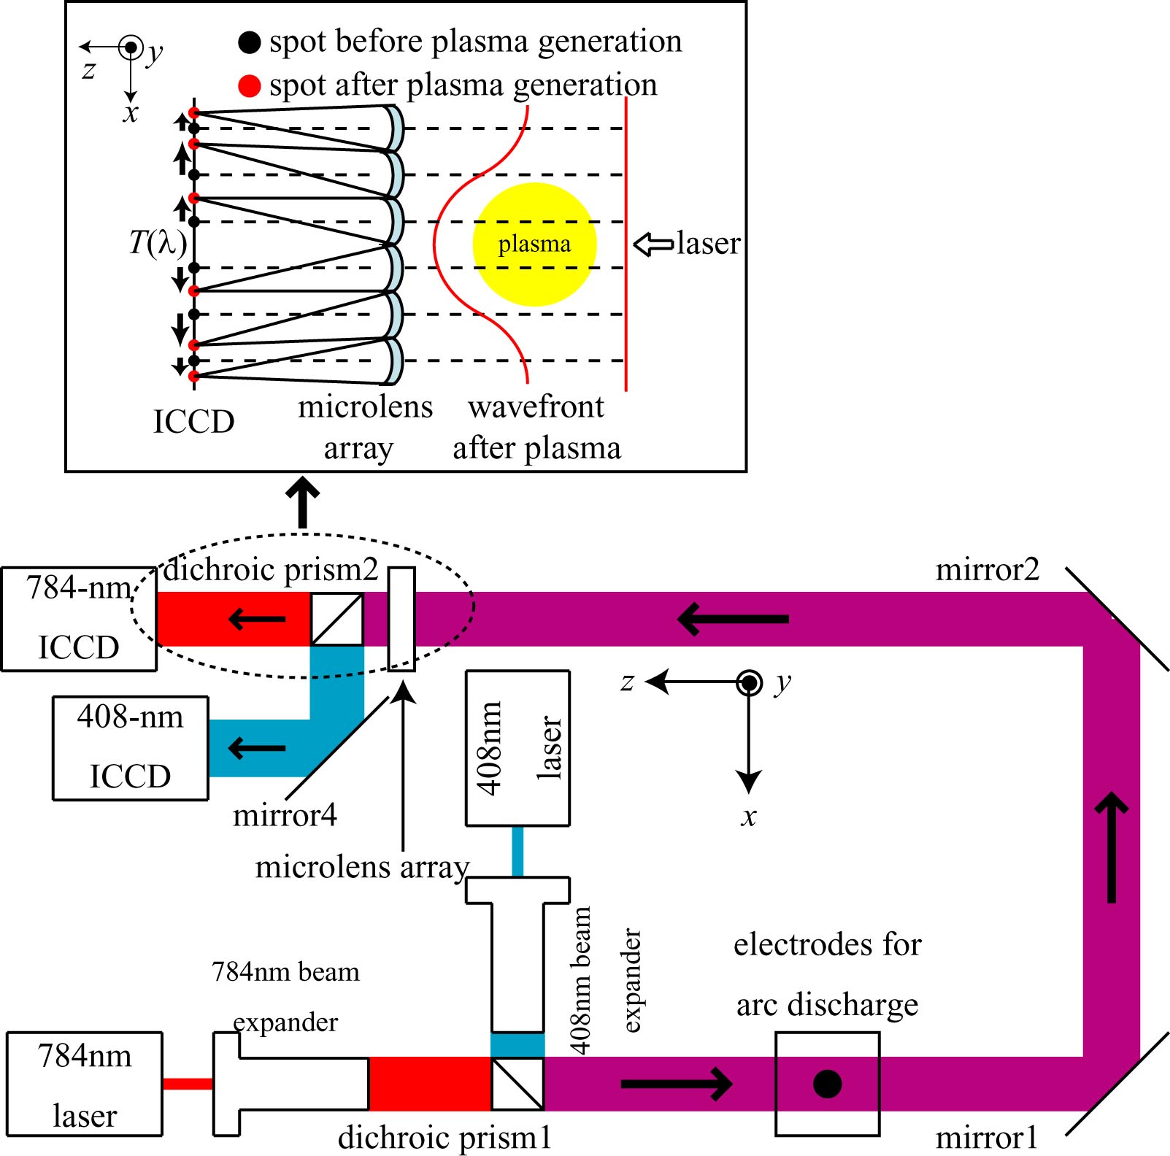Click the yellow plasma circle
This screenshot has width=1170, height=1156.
534,244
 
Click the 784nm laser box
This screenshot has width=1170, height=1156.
84,1084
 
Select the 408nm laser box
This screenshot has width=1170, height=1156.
517,748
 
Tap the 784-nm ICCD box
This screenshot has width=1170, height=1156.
78,619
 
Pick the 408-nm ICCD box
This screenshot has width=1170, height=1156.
130,748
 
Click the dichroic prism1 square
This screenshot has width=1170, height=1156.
517,1084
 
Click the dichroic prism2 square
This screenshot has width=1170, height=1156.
337,619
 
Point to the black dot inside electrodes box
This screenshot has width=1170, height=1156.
827,1084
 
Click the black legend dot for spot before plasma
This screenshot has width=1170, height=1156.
250,42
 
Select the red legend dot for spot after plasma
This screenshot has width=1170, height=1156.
250,86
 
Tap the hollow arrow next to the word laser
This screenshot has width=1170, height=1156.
653,244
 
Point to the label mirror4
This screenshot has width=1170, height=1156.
285,815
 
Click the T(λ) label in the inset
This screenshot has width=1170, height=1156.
157,243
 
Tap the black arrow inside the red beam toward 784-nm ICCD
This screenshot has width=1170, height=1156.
257,620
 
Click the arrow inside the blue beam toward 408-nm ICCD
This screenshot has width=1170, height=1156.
257,748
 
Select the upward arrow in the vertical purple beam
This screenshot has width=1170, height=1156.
1112,847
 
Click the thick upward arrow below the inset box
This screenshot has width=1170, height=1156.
302,502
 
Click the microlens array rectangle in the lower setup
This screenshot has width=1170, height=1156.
401,619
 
